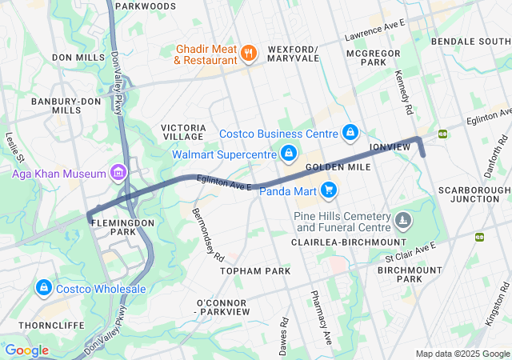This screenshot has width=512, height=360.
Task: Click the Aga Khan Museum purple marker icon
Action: click(118, 173)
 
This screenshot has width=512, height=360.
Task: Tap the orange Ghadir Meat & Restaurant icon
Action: click(249, 54)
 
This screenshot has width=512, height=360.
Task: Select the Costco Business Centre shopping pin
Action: click(350, 132)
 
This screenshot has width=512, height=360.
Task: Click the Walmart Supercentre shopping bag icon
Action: click(289, 152)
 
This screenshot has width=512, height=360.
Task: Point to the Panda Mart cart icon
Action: click(328, 190)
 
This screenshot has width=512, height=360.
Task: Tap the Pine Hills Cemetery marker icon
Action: click(404, 218)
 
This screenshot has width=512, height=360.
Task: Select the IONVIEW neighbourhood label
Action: click(390, 148)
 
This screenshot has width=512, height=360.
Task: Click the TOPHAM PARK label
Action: click(255, 271)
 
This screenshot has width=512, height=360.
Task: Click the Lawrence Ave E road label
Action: click(375, 31)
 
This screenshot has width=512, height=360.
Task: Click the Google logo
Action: click(26, 350)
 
